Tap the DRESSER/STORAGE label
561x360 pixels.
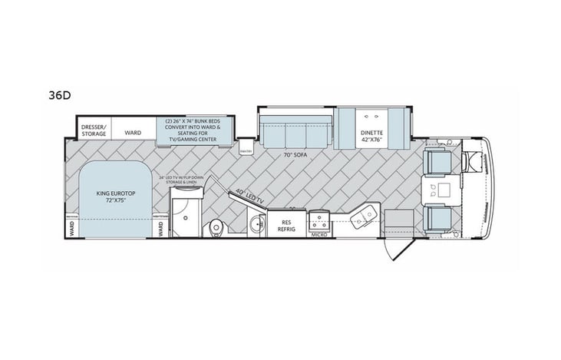93,128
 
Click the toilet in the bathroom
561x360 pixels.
216,226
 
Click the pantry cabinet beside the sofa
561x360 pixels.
246,147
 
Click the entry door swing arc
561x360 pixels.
398,247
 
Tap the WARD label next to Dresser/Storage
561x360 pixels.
133,132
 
